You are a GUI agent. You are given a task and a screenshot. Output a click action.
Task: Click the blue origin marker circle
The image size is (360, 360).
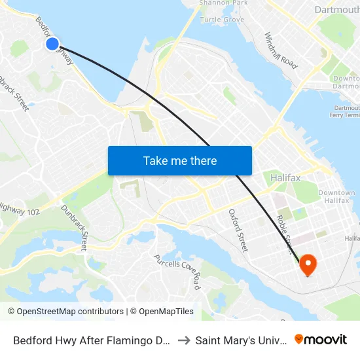[52, 44]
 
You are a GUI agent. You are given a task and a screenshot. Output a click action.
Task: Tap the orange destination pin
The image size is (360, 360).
[308, 264]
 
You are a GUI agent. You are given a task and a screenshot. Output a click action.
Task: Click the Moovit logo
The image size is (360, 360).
[321, 340]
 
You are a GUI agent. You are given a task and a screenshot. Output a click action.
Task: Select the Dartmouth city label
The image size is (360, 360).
[336, 10]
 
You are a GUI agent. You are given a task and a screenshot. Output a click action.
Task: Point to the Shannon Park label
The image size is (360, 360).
[223, 3]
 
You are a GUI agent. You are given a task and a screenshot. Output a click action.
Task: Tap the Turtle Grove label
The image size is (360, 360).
[222, 20]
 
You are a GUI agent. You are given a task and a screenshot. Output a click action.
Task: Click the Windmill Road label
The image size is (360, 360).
[281, 51]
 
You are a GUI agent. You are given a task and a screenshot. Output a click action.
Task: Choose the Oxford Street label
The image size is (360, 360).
[238, 230]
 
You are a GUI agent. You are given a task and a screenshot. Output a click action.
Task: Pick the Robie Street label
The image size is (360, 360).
[285, 232]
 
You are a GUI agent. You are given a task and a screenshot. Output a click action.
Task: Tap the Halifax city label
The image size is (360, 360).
[285, 178]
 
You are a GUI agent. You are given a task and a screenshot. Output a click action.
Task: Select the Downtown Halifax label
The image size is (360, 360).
[336, 196]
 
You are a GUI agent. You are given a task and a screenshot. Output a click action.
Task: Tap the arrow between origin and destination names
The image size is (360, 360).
[184, 340]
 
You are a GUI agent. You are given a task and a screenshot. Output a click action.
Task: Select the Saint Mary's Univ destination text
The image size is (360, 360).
[241, 340]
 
